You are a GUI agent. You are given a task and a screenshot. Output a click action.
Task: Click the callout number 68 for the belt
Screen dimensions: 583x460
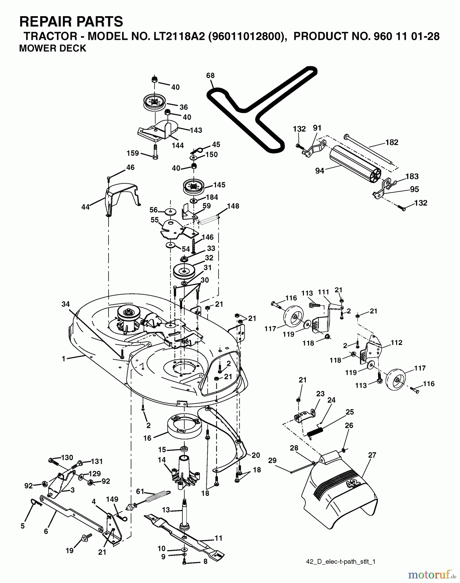pyautogui.click(x=210, y=75)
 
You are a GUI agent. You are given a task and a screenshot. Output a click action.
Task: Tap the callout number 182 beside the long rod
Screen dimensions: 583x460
pyautogui.click(x=392, y=142)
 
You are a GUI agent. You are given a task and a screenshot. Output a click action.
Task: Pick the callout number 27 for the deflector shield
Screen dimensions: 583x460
pyautogui.click(x=372, y=455)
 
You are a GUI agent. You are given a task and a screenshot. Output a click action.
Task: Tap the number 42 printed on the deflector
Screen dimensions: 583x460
pyautogui.click(x=352, y=484)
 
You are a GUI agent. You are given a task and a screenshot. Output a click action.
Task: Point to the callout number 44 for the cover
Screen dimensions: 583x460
pyautogui.click(x=85, y=207)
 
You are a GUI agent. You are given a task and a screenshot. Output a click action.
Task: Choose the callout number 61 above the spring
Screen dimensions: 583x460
pyautogui.click(x=140, y=492)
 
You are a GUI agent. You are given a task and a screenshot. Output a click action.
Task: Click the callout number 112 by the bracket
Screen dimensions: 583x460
pyautogui.click(x=397, y=342)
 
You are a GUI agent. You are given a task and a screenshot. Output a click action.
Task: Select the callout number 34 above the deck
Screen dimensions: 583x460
pyautogui.click(x=66, y=304)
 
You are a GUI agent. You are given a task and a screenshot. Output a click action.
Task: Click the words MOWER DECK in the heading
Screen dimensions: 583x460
pyautogui.click(x=53, y=48)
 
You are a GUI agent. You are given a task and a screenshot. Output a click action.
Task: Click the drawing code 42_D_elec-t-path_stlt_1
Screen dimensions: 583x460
pyautogui.click(x=340, y=562)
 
